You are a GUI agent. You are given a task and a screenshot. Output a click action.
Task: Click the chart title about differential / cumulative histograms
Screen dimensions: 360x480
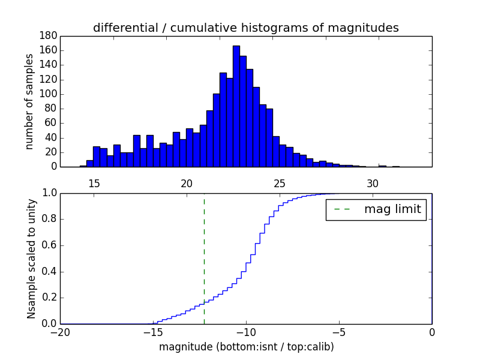click(246, 28)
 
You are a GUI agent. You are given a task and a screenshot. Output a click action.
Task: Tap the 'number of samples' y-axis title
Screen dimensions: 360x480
click(29, 101)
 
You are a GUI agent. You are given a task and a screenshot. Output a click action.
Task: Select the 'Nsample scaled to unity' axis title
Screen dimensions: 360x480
click(31, 258)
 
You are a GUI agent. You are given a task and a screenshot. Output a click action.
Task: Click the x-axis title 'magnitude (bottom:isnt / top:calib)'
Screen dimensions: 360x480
click(246, 347)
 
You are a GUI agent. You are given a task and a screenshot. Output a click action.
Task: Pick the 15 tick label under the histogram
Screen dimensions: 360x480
click(94, 182)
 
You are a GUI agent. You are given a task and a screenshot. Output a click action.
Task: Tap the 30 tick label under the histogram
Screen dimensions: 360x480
click(373, 182)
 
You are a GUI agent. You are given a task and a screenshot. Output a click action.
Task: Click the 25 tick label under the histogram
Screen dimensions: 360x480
click(280, 182)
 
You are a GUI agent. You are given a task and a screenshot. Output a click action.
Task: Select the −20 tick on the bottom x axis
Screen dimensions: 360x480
click(60, 332)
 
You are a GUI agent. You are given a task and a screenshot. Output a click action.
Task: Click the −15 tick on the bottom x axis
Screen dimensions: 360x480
click(153, 332)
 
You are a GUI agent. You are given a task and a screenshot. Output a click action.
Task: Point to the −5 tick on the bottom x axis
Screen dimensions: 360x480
click(339, 332)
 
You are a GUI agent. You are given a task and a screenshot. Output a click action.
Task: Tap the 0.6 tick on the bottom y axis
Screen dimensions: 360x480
click(49, 245)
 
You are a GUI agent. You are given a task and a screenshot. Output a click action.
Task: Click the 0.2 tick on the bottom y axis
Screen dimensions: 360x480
click(49, 298)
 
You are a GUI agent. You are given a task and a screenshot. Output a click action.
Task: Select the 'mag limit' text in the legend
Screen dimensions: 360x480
click(392, 209)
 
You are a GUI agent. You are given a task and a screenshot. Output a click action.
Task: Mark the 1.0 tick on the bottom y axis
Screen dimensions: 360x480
click(49, 193)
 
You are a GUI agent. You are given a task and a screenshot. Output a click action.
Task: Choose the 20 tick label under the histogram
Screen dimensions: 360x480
click(187, 182)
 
